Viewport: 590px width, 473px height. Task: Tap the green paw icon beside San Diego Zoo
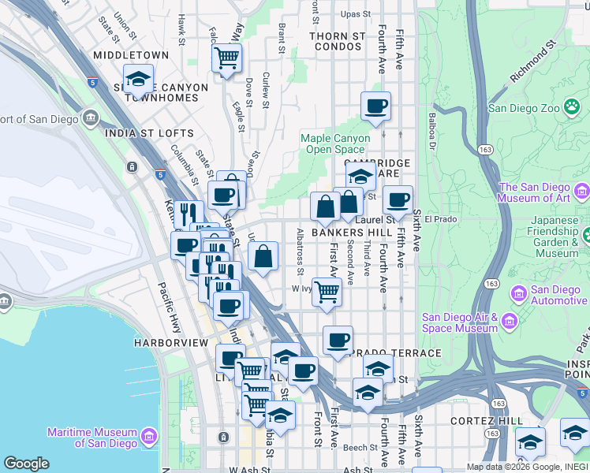coord(571,109)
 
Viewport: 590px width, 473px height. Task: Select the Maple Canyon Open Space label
coord(335,143)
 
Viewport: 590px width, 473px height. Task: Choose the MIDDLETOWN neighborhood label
coord(131,55)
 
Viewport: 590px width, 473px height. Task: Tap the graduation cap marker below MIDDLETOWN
coord(138,80)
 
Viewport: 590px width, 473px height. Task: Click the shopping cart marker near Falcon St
coord(226,58)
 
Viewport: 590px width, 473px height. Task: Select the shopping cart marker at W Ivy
coord(327,291)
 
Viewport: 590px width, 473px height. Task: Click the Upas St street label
coord(355,14)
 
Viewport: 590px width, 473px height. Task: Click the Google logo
coord(26,464)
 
